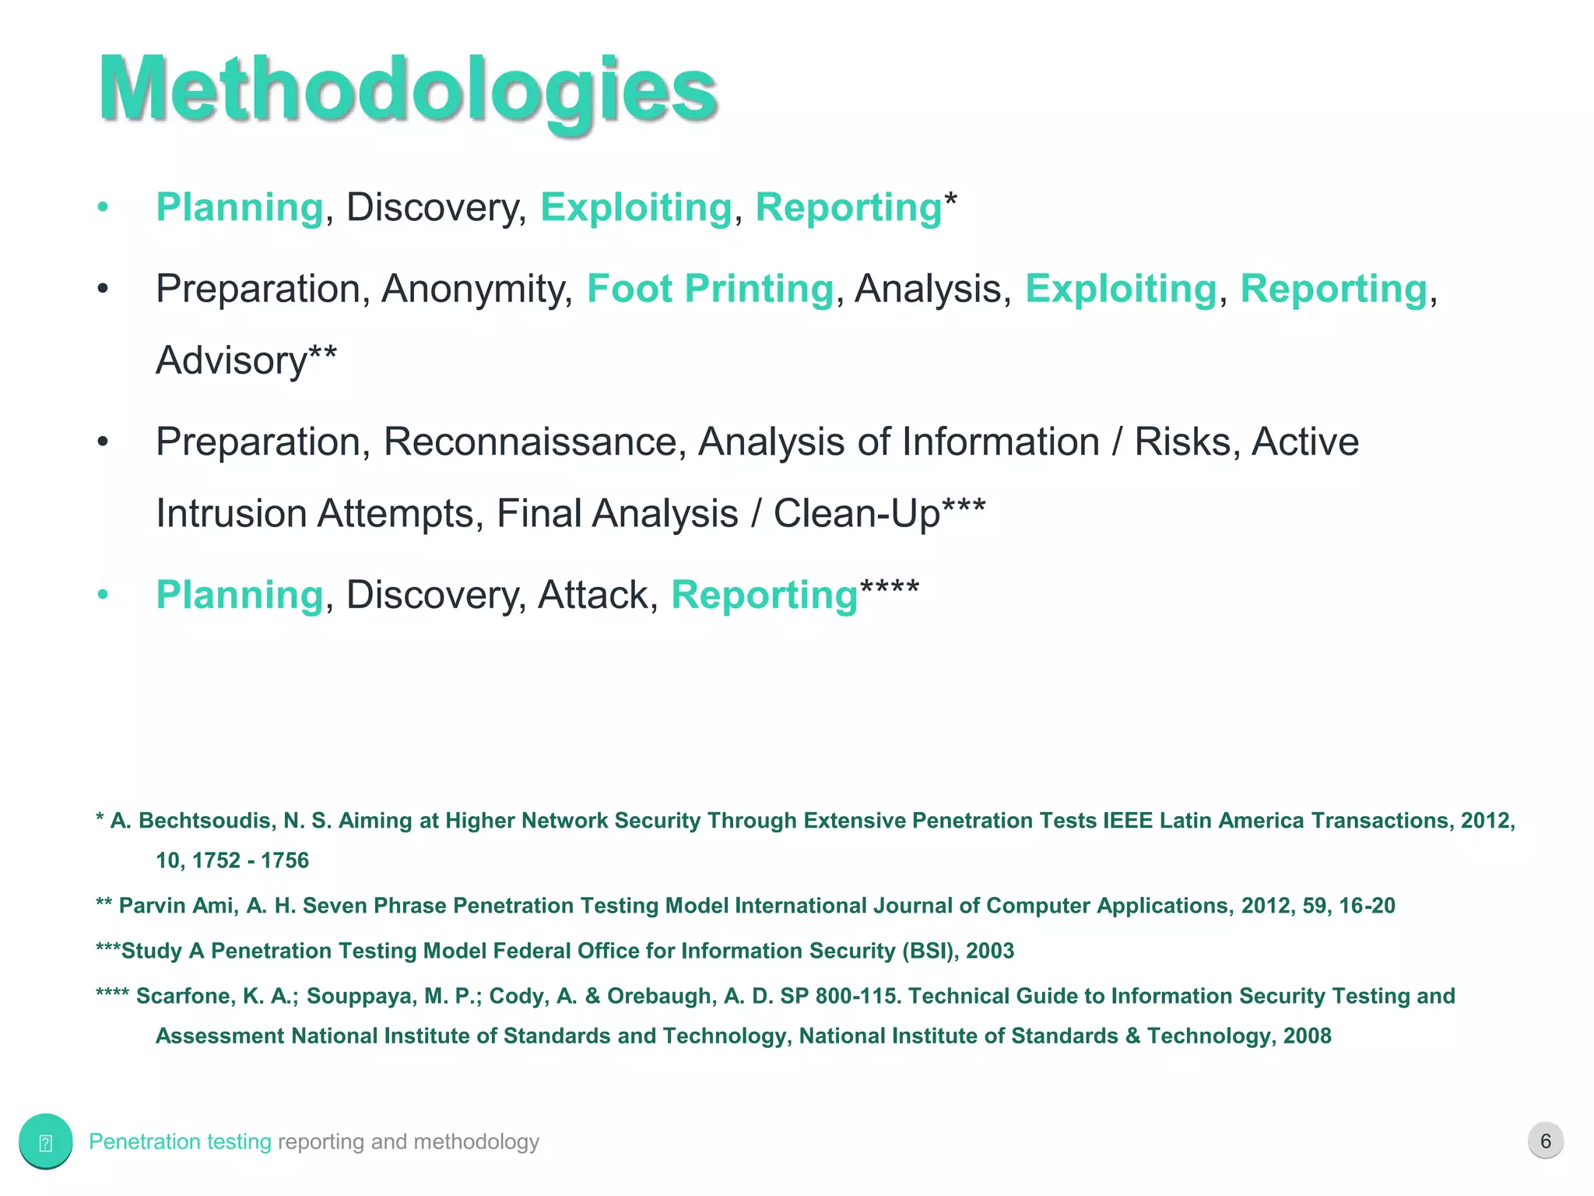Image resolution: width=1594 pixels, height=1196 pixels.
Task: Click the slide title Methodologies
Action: (x=407, y=90)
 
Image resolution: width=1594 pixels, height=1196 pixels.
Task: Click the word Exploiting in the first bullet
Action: (x=636, y=207)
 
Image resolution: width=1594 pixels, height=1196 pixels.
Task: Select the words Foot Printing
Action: (x=710, y=289)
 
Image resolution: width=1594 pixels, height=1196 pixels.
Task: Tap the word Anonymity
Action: (x=476, y=289)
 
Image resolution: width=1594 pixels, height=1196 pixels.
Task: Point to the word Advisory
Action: (x=232, y=361)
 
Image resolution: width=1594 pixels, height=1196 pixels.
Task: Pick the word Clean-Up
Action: (x=856, y=514)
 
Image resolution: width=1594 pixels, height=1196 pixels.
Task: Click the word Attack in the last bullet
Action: (x=593, y=595)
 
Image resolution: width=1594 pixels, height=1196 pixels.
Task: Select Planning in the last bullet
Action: (x=239, y=595)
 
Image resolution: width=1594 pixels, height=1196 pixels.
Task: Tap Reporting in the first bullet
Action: (x=848, y=207)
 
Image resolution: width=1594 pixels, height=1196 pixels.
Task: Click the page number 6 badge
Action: (x=1545, y=1141)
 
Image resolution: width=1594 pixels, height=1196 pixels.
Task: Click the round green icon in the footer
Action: (x=45, y=1141)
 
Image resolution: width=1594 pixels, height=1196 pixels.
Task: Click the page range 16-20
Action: (x=1367, y=906)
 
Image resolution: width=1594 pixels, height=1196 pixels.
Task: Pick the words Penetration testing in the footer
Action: (x=180, y=1141)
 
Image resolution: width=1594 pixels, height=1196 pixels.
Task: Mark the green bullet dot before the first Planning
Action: (x=103, y=208)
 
